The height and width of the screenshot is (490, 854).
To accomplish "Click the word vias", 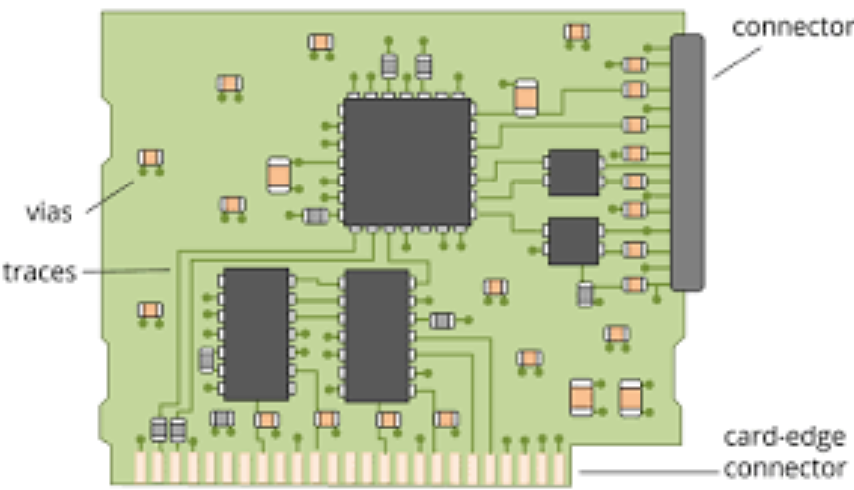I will coord(49,212).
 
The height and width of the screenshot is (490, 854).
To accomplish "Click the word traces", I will coord(40,271).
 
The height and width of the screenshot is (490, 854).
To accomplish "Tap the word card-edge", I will coord(784,437).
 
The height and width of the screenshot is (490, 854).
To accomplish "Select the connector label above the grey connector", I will coord(791,27).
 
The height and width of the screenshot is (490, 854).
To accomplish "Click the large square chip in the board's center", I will coord(405,161).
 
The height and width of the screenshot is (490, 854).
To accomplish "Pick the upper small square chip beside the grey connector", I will coord(573,173).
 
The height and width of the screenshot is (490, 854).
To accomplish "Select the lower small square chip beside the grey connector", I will coord(573,241).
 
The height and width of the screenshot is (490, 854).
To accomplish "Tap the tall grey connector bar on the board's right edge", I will coord(687,162).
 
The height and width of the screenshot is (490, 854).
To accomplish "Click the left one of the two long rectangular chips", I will coord(255,333).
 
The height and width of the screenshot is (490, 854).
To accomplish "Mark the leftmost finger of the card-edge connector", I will coord(141,467).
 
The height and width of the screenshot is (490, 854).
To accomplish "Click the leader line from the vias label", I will coord(108,196).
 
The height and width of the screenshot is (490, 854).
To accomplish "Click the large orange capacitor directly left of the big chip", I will coord(279,175).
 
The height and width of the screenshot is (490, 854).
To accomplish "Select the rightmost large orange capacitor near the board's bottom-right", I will coord(630,397).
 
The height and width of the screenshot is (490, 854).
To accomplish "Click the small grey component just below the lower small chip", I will coord(586,294).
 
